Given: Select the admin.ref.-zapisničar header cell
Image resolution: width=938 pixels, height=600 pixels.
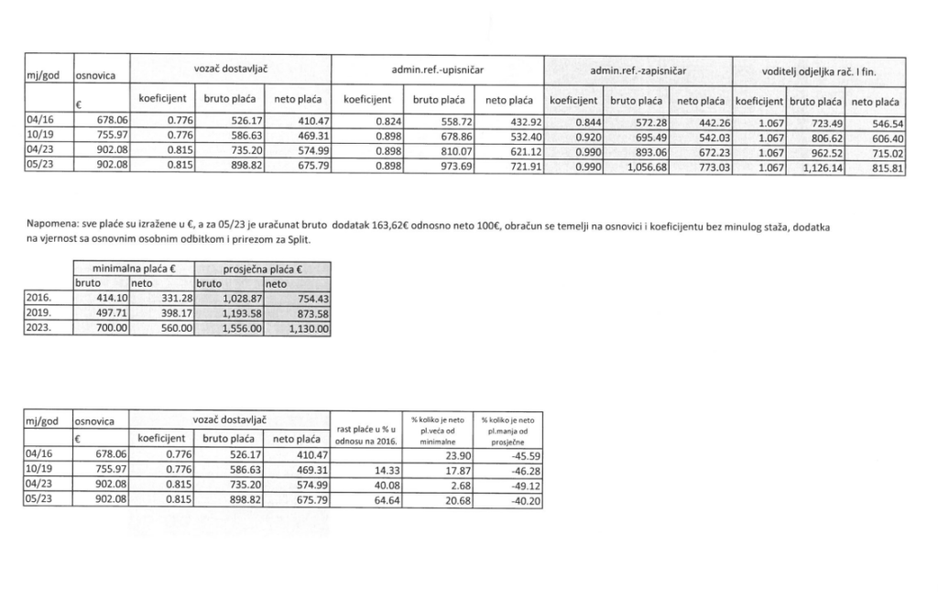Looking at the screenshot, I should tap(638, 70).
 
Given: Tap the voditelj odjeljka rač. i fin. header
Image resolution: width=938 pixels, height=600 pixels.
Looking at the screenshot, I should tap(820, 70).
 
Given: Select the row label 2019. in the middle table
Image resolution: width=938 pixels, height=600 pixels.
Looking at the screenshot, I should tap(40, 314).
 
